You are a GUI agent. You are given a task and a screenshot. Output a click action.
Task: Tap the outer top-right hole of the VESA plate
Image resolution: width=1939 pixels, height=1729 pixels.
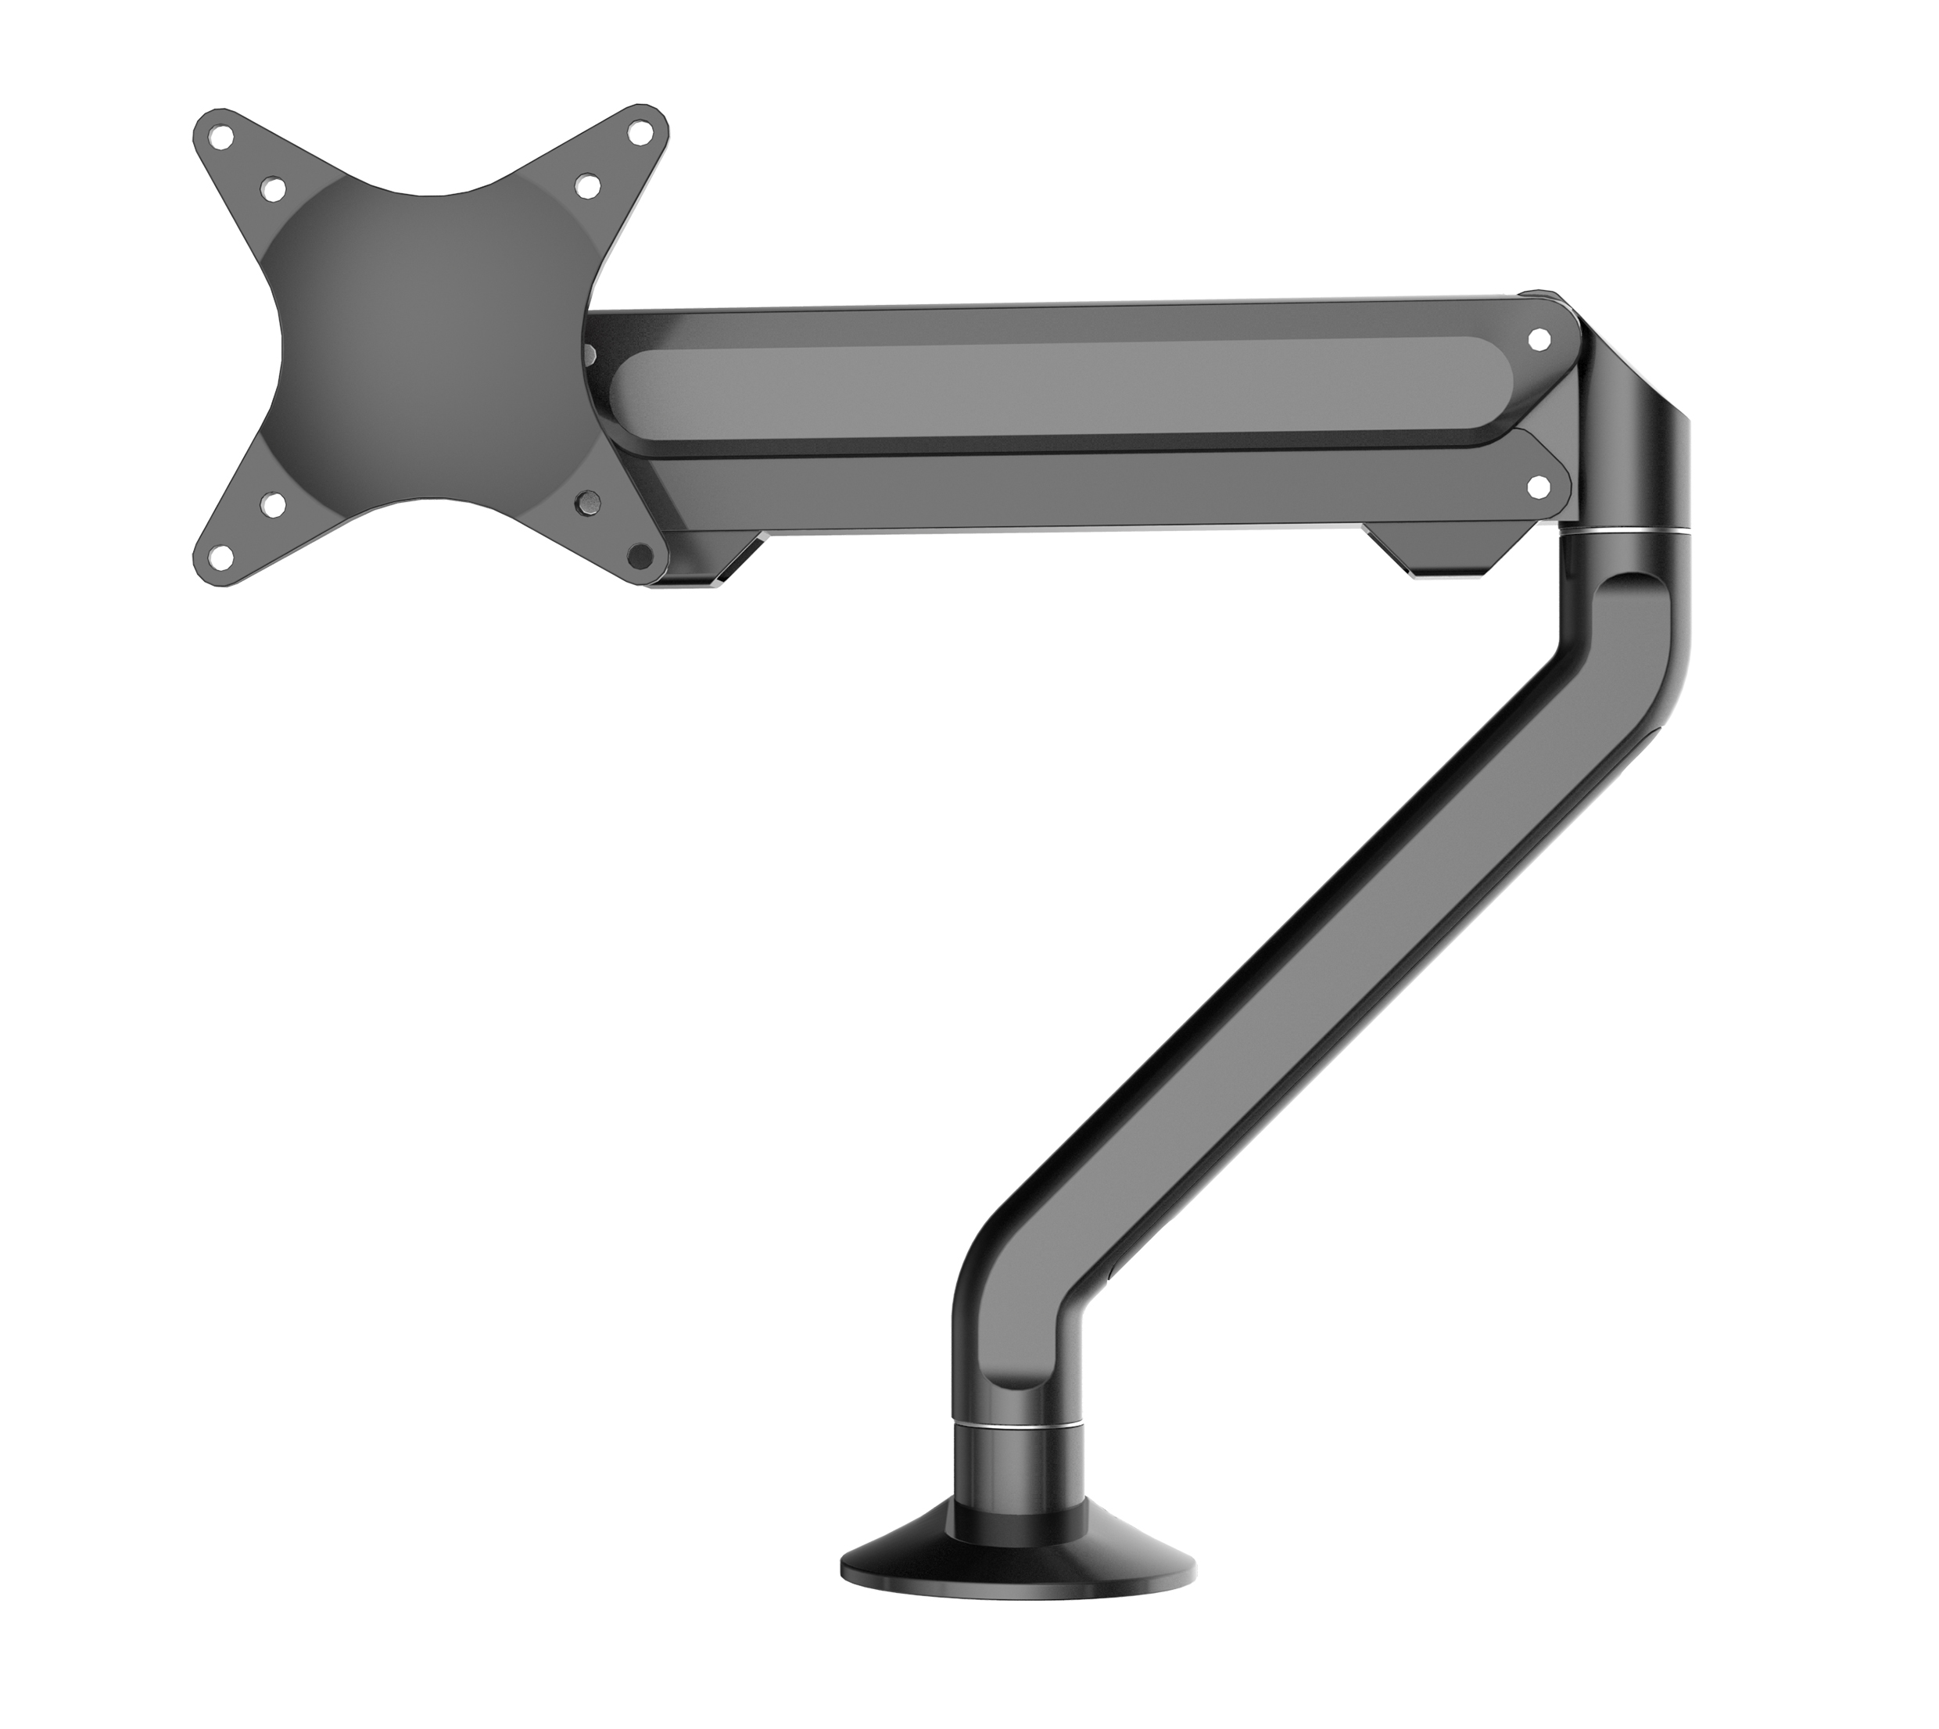click(x=645, y=136)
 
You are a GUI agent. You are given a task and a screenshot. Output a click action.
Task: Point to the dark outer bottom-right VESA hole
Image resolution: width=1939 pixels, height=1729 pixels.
click(x=641, y=554)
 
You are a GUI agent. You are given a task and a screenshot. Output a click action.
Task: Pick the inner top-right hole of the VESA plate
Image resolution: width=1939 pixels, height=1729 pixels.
click(x=588, y=185)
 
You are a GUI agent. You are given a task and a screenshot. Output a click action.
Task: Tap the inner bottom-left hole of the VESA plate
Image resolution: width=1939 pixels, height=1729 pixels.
click(x=274, y=504)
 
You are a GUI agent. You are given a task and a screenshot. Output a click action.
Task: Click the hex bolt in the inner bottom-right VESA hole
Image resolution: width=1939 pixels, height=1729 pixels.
click(x=589, y=499)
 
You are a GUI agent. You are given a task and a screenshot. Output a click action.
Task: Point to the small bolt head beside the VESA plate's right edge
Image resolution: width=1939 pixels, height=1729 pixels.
click(x=587, y=354)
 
